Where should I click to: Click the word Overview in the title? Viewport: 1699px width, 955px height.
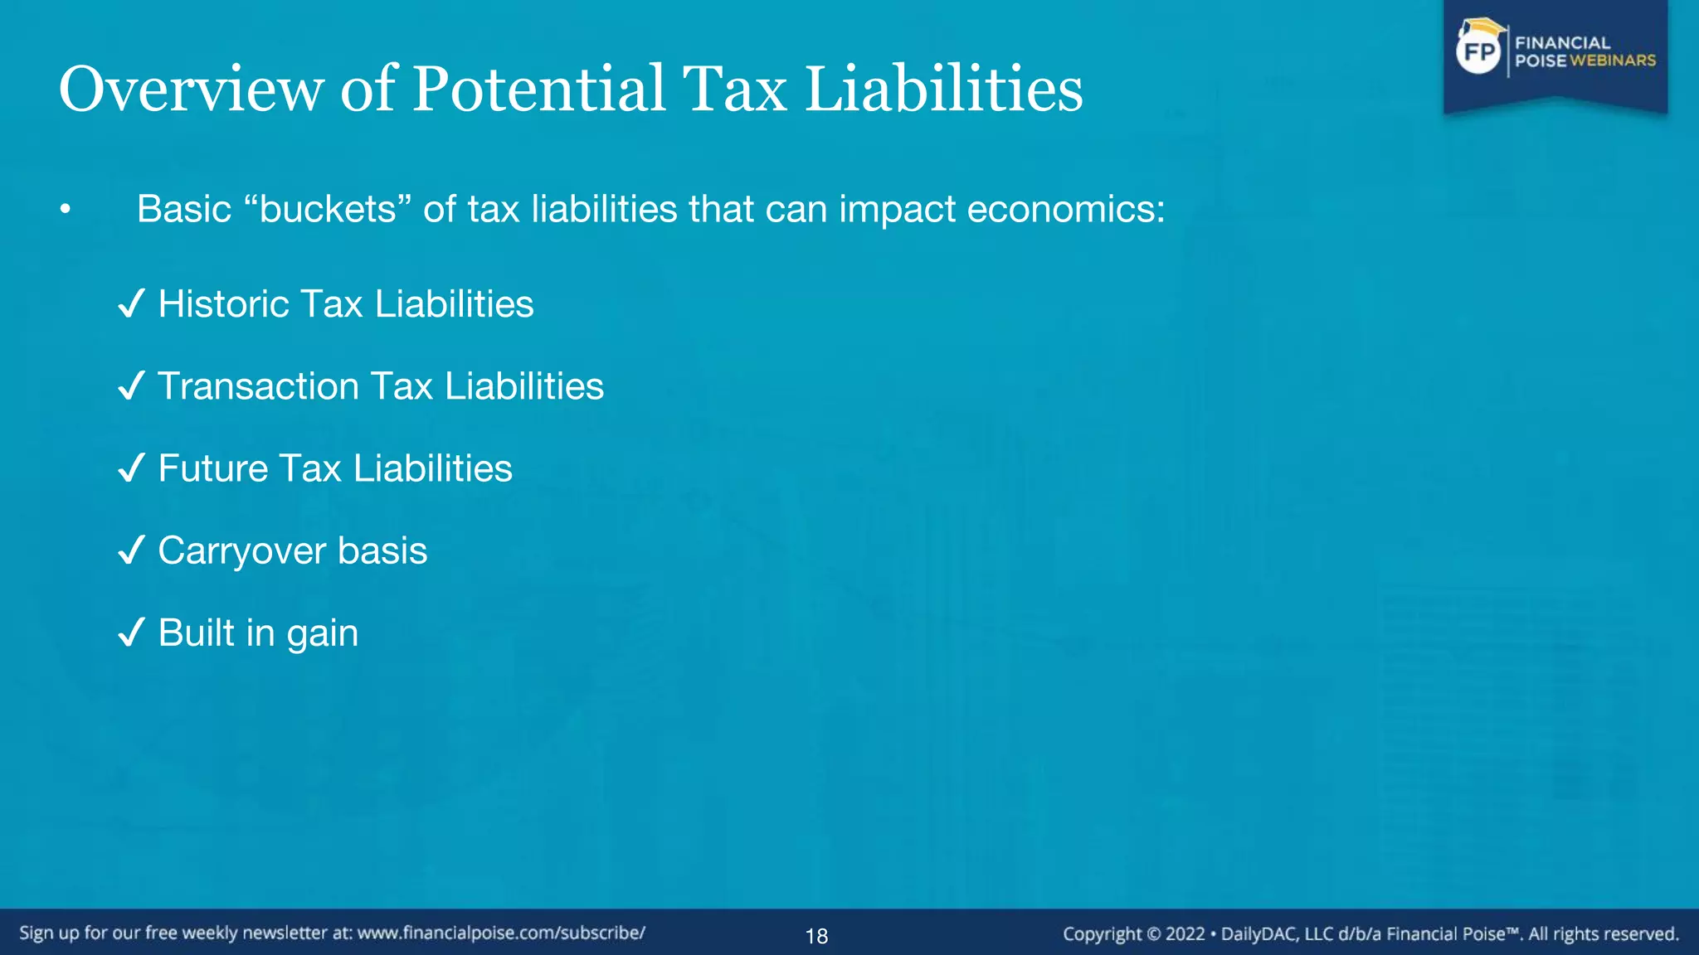click(191, 89)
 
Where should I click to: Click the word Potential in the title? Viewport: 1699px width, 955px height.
click(539, 89)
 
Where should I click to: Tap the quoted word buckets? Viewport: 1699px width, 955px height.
click(329, 209)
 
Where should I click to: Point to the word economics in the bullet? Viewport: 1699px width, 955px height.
click(1065, 209)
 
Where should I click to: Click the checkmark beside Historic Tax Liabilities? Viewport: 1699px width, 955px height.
click(132, 303)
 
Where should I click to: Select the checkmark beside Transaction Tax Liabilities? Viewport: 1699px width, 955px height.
click(132, 385)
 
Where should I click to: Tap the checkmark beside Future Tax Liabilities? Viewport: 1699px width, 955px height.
click(132, 468)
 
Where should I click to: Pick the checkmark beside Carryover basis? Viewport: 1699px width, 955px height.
click(132, 550)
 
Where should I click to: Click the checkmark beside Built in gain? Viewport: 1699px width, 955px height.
click(132, 633)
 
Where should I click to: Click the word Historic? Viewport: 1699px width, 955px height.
click(223, 303)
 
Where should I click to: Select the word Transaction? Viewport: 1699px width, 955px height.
click(258, 385)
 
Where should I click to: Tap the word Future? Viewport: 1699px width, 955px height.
click(213, 468)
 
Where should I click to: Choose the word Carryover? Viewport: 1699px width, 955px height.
click(242, 551)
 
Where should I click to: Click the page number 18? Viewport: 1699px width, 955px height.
click(816, 936)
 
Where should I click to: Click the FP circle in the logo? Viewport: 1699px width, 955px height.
click(1479, 52)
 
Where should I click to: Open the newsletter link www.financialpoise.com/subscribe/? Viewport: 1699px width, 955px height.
click(501, 933)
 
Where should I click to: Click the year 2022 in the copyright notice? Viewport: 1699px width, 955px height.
click(1185, 934)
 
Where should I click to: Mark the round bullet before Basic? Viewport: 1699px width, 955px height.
click(66, 211)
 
